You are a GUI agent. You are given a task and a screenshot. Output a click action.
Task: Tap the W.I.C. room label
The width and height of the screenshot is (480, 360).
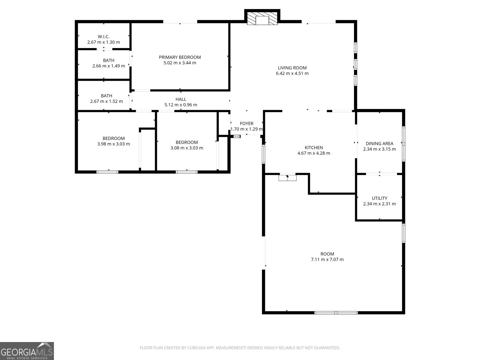click(103, 37)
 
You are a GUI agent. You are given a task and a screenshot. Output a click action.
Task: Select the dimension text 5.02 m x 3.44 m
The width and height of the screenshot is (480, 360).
click(180, 63)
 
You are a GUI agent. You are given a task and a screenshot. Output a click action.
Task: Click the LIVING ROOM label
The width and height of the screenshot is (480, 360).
click(292, 68)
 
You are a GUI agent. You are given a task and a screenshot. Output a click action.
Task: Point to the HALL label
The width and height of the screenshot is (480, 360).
click(181, 99)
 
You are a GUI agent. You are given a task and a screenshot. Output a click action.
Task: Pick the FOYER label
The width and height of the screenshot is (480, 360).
click(247, 124)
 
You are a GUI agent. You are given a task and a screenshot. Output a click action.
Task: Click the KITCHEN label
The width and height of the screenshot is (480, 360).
click(314, 148)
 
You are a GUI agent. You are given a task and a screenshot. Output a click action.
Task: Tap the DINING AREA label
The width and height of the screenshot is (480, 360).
click(379, 143)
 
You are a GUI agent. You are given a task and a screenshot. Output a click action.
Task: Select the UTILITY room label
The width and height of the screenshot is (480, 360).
click(379, 198)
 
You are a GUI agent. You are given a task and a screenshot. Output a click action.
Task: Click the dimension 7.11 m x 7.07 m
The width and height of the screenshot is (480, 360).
click(327, 259)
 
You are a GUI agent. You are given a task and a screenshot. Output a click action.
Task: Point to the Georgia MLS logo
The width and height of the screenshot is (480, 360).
click(27, 351)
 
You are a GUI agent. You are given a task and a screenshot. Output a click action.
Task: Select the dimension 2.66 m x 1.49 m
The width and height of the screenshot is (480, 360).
click(109, 66)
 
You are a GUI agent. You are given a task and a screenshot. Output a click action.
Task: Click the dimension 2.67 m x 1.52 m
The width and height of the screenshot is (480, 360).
click(106, 101)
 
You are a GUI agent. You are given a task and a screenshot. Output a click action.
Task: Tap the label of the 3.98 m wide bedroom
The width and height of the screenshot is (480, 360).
click(114, 138)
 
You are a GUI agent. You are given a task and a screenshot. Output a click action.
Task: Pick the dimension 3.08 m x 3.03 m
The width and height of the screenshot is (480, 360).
click(187, 148)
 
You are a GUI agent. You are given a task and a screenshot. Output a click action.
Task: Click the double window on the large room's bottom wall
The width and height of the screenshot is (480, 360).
click(336, 313)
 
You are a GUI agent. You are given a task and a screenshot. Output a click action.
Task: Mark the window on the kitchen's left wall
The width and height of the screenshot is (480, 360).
click(264, 154)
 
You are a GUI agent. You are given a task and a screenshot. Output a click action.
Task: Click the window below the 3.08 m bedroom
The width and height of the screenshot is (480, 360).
click(187, 172)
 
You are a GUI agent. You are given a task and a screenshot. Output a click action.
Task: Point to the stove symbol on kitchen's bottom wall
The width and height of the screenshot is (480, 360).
click(287, 178)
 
